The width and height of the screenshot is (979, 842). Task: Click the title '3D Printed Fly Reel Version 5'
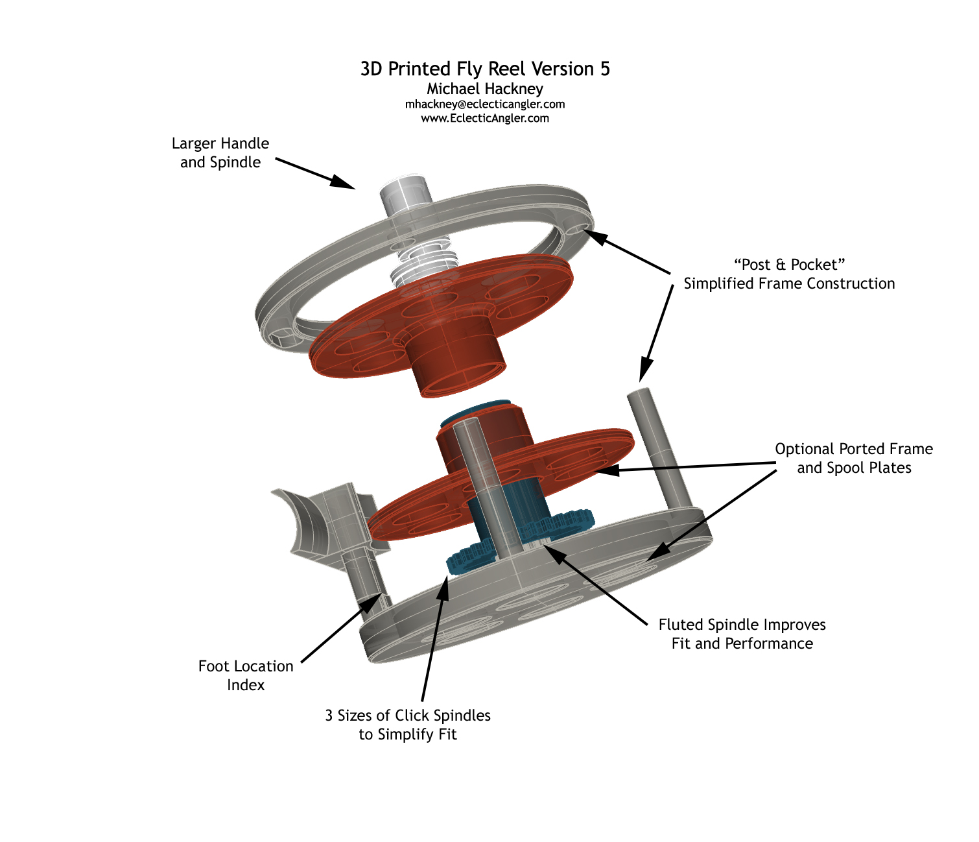coord(485,69)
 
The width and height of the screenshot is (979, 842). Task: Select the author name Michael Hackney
coord(485,89)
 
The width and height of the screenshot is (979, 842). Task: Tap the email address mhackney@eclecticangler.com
coord(485,104)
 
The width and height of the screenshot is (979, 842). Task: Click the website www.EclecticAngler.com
coord(485,119)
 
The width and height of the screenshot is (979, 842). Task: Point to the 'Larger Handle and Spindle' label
coord(220,153)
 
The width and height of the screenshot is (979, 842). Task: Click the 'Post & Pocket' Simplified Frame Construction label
coord(789,274)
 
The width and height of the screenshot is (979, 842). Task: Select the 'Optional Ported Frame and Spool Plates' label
coord(854,459)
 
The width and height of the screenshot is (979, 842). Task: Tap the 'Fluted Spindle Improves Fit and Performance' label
coord(742,634)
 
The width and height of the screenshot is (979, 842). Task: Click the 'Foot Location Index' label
coord(246,676)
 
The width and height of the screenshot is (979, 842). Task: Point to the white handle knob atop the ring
coord(405,194)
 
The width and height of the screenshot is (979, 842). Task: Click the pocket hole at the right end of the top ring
coord(577,230)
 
